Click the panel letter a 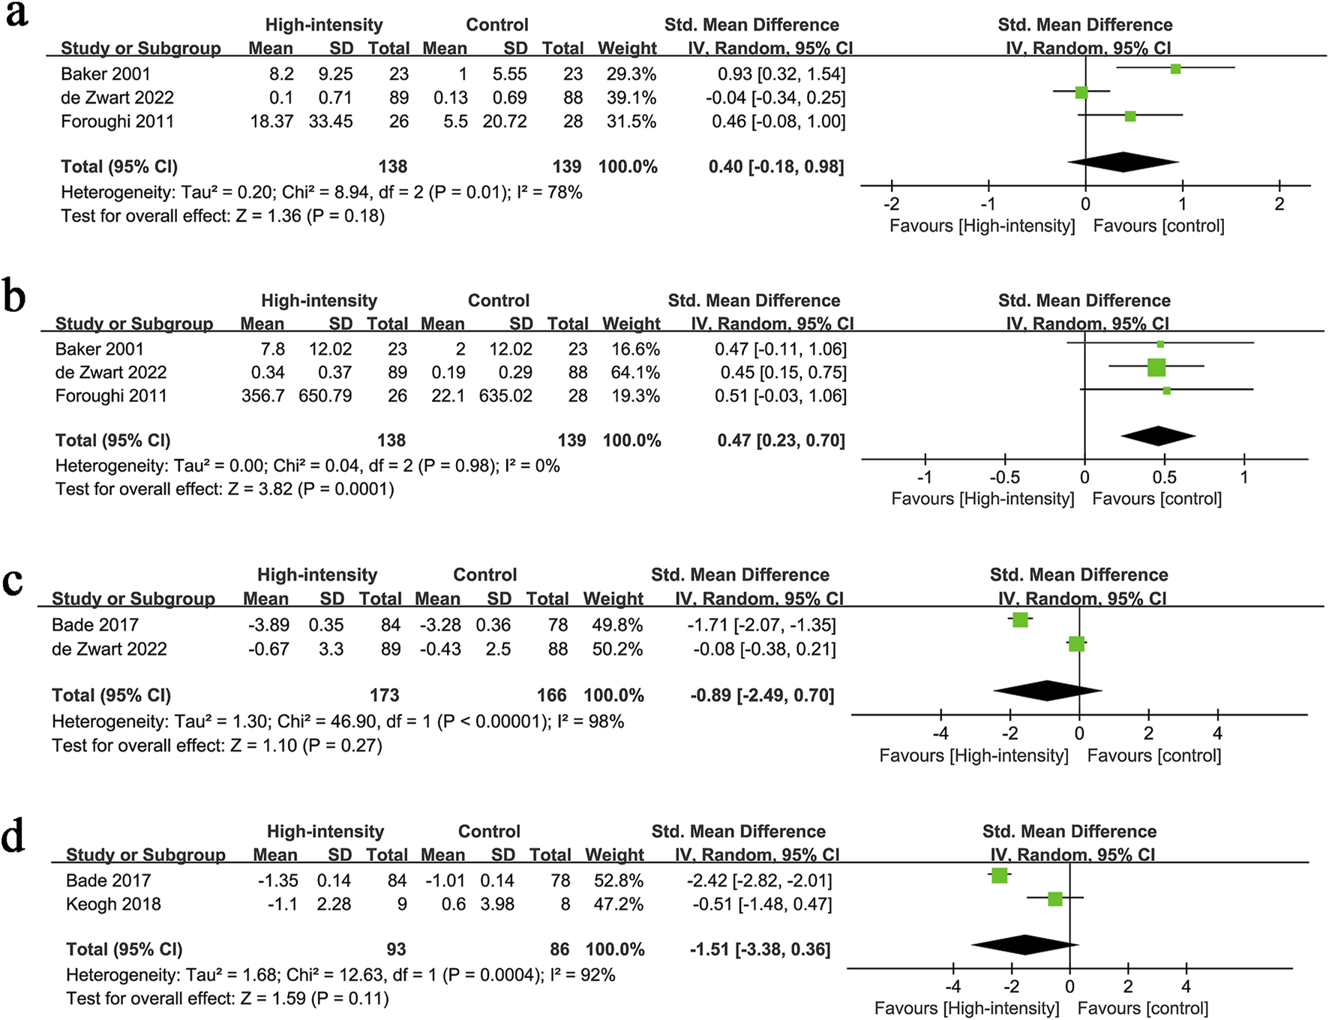coord(16,15)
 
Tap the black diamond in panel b coord(1158,436)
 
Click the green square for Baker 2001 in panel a coord(1175,69)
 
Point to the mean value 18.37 coord(271,121)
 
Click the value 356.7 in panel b coord(262,395)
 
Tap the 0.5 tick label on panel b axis coord(1164,477)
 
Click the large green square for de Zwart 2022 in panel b coord(1156,367)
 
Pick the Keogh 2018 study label coord(113,904)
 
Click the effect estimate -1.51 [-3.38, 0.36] coord(760,949)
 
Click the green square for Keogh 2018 coord(1054,898)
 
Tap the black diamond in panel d coord(1024,944)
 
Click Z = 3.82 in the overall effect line coord(260,489)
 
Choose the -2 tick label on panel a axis coord(891,203)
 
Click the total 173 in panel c coord(384,695)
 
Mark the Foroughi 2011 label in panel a coord(117,121)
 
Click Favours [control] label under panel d coord(1142,1008)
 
